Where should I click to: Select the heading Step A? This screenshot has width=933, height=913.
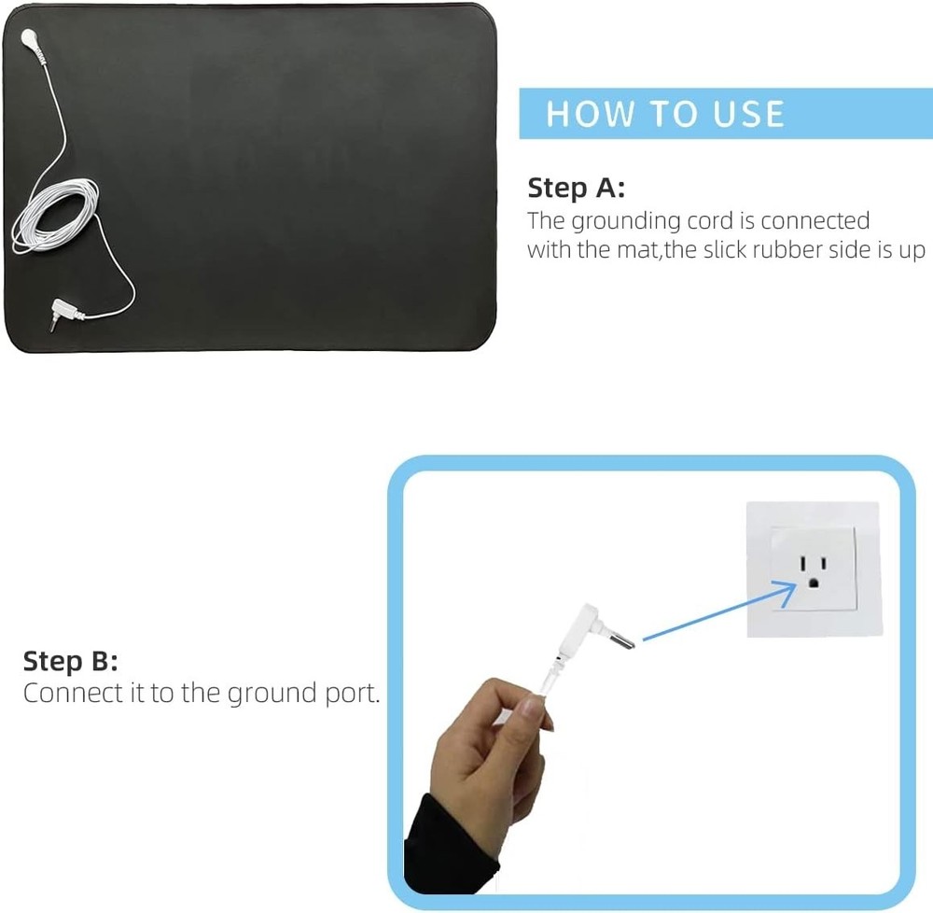click(x=576, y=188)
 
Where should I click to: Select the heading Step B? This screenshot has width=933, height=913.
click(x=70, y=661)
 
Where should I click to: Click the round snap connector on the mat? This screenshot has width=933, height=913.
click(x=29, y=38)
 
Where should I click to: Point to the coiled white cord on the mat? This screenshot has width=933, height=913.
click(x=55, y=215)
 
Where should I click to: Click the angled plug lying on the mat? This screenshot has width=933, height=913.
click(x=65, y=312)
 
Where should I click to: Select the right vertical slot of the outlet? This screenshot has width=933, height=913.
click(x=824, y=563)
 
